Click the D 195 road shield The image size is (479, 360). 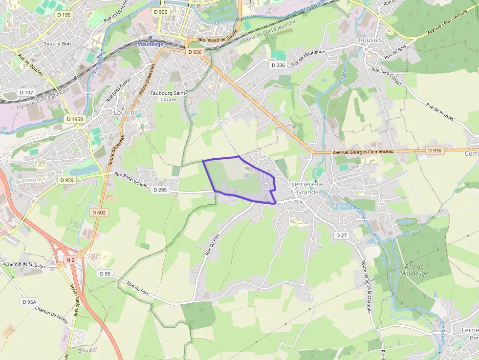(64, 15)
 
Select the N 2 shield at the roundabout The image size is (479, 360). (70, 260)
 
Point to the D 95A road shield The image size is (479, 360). (29, 302)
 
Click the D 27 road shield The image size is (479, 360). (341, 235)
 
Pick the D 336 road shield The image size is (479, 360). (278, 65)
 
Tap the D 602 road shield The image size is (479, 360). (98, 212)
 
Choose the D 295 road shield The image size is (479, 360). (160, 190)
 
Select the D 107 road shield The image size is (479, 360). (26, 92)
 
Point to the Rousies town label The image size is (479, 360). (370, 40)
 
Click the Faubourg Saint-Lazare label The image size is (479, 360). (169, 96)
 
